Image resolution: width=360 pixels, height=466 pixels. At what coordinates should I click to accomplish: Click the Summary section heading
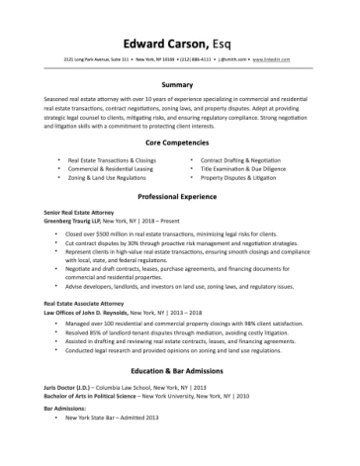click(x=179, y=85)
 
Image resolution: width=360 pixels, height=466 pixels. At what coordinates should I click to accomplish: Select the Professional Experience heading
click(x=179, y=198)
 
